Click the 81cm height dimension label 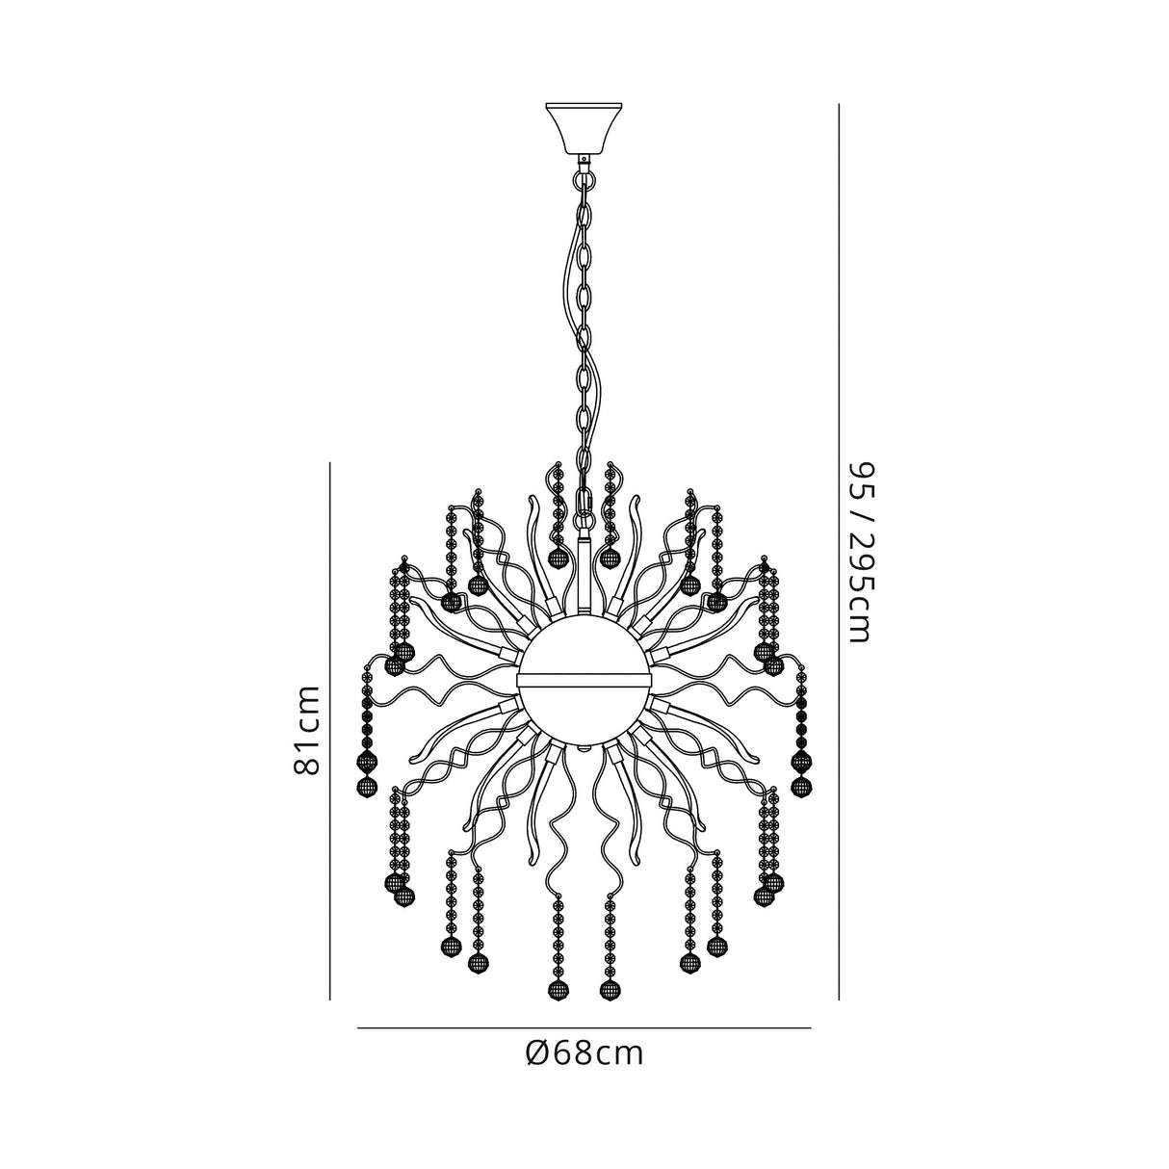tap(307, 731)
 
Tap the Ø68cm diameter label tap(584, 1053)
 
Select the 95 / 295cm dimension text tap(859, 551)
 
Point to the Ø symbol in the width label tap(538, 1053)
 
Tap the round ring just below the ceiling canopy tap(584, 180)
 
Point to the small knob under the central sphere tap(584, 747)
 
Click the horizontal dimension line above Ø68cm tap(584, 1028)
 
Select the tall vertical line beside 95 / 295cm tap(840, 551)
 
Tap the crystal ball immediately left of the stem tap(556, 558)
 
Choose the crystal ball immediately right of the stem tap(608, 558)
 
